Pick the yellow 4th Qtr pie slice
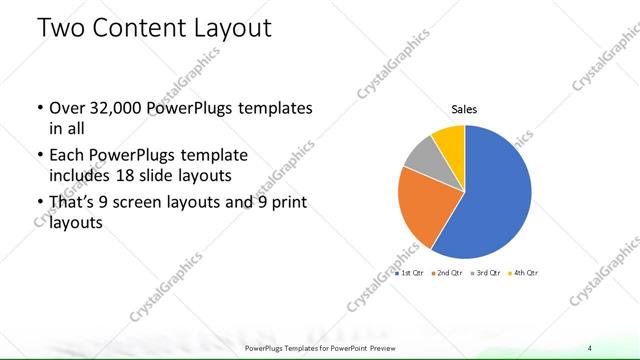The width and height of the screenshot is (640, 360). click(x=449, y=139)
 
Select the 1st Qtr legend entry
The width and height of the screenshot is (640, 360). click(x=413, y=273)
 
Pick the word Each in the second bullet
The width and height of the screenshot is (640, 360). click(x=66, y=156)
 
